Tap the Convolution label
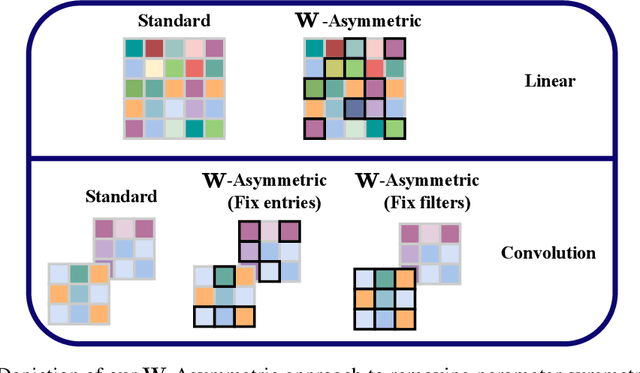pos(548,253)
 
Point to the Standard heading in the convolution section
pos(119,197)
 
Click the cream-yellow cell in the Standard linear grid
pos(154,68)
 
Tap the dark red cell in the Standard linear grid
pos(154,48)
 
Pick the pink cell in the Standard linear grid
pos(193,48)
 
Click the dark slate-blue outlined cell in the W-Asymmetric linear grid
pos(354,108)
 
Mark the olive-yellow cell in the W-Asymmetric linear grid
pos(334,68)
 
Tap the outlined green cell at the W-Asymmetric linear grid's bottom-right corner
pos(394,128)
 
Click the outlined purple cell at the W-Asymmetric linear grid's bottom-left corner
pos(314,128)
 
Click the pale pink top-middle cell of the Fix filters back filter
pos(429,232)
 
